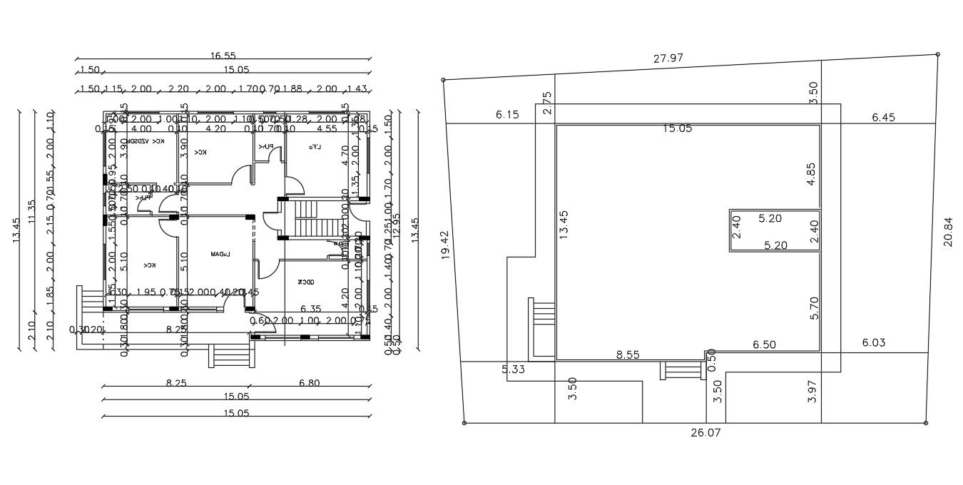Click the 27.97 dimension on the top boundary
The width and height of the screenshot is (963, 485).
(x=668, y=58)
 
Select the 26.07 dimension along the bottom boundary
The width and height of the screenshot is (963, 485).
(x=704, y=432)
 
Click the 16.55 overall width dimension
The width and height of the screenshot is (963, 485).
(x=223, y=56)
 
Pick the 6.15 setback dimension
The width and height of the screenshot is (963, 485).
(x=507, y=115)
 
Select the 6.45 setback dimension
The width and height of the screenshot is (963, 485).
(x=883, y=117)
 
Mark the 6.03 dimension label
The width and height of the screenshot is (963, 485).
(x=873, y=343)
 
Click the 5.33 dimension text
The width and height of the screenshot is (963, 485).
(x=514, y=369)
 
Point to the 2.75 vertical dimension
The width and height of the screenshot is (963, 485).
(x=547, y=103)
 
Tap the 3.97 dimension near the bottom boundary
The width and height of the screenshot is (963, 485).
(x=811, y=391)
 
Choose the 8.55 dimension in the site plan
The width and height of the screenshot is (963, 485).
(x=628, y=354)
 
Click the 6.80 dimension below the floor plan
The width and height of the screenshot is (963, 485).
(x=308, y=383)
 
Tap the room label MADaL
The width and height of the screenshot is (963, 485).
(x=219, y=254)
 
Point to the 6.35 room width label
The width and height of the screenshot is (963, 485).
(x=311, y=309)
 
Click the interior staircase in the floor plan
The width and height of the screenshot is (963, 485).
(x=310, y=218)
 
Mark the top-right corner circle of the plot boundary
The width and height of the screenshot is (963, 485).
(x=937, y=54)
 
